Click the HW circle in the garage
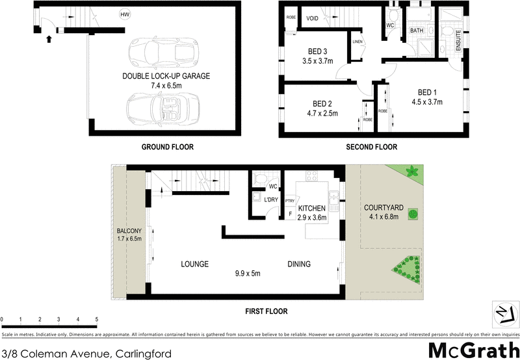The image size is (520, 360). tap(124, 14)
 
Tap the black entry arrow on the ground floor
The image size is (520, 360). tap(49, 39)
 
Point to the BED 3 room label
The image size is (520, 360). tap(318, 53)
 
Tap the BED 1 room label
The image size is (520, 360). tap(427, 92)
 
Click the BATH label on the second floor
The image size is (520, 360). tap(417, 31)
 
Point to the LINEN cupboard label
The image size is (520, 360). tap(357, 43)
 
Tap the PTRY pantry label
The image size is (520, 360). tap(290, 201)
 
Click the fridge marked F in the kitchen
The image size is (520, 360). tap(290, 213)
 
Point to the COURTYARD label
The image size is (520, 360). tap(383, 208)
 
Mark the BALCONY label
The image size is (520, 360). tap(129, 231)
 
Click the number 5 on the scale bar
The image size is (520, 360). tap(97, 320)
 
